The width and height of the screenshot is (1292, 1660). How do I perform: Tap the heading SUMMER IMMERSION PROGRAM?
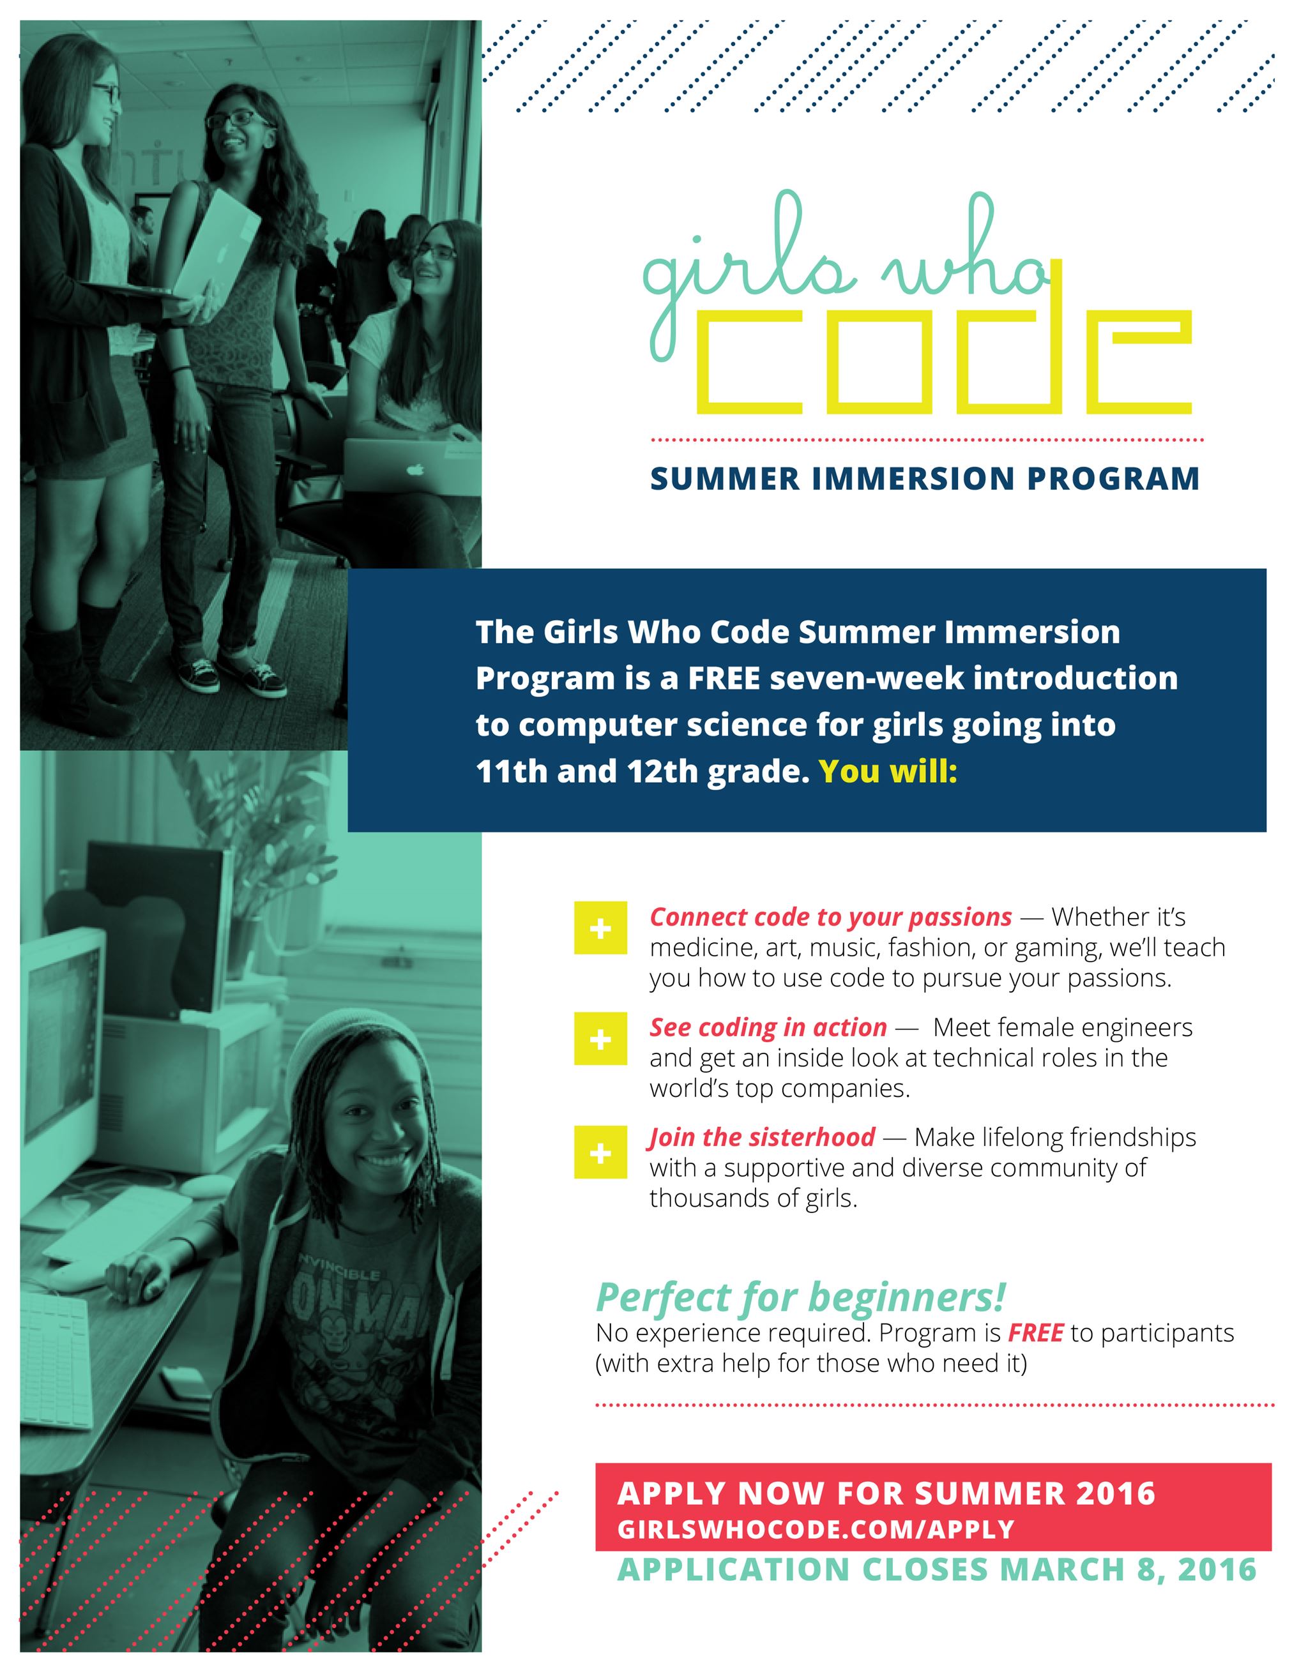[x=924, y=479]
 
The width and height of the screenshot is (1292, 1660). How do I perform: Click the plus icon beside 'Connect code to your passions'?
[x=600, y=928]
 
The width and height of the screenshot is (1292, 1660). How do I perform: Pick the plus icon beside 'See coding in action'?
[x=600, y=1039]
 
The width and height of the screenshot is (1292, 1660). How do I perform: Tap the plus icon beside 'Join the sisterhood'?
[x=600, y=1152]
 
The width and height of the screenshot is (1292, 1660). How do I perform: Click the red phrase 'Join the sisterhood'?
[x=762, y=1138]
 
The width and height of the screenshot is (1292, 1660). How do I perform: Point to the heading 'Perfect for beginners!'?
[x=800, y=1297]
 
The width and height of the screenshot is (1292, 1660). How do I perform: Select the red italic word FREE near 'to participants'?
[x=1035, y=1333]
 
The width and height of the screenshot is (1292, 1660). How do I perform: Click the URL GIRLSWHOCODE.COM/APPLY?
[x=815, y=1529]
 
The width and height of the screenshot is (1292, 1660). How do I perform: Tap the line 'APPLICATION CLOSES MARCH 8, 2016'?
[x=936, y=1569]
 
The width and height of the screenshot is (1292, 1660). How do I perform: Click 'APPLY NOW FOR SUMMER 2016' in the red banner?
[x=886, y=1493]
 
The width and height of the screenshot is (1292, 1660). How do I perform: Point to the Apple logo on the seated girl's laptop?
[x=414, y=469]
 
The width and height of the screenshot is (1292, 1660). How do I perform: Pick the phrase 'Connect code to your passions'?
[x=830, y=917]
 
